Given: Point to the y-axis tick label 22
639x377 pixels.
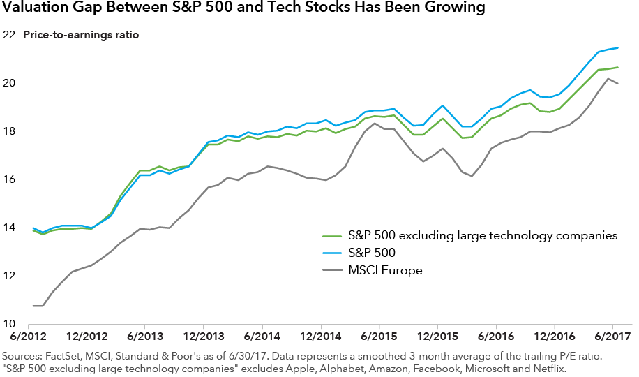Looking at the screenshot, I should point(9,35).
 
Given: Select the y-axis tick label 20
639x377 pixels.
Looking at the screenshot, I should point(9,83).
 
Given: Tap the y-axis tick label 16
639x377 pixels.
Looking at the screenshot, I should point(9,179).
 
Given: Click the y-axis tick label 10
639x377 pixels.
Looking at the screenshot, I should point(9,325).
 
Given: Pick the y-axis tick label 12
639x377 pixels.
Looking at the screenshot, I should point(9,276).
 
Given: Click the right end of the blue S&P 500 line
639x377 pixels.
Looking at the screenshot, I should point(618,48).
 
